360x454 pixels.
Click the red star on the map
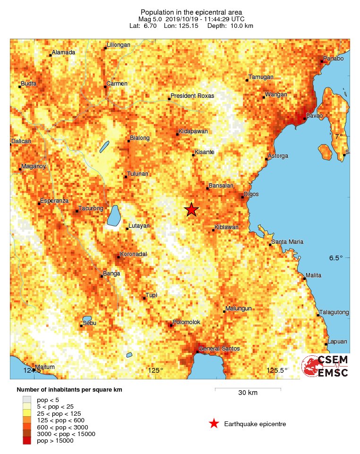[x=191, y=209]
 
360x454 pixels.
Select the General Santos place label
[x=219, y=349]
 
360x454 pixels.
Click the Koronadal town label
[x=134, y=254]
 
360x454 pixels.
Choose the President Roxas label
[x=192, y=96]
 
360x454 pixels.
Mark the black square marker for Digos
[x=242, y=197]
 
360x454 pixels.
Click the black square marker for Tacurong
[x=77, y=211]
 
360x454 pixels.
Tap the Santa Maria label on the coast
[x=287, y=242]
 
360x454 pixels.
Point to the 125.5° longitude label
[x=277, y=370]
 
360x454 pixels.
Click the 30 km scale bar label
[x=248, y=393]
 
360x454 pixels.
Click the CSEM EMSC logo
[x=326, y=366]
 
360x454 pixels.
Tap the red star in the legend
[x=214, y=424]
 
